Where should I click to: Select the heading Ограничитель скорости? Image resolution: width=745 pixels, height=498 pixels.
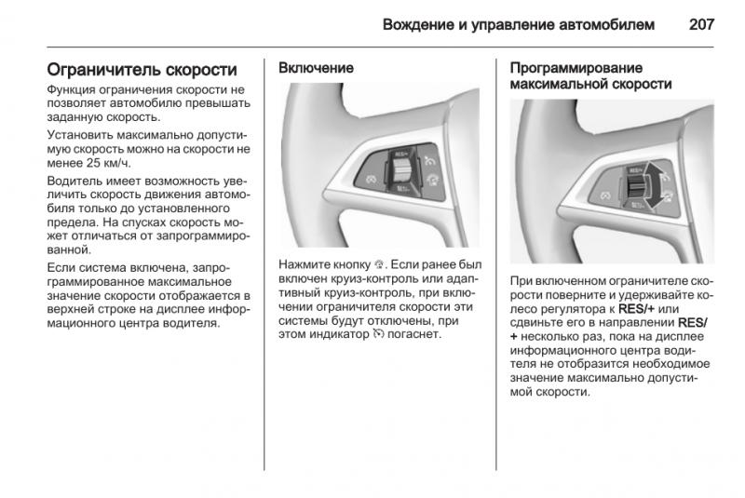click(x=142, y=70)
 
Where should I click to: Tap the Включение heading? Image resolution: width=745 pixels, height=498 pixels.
click(x=317, y=68)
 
